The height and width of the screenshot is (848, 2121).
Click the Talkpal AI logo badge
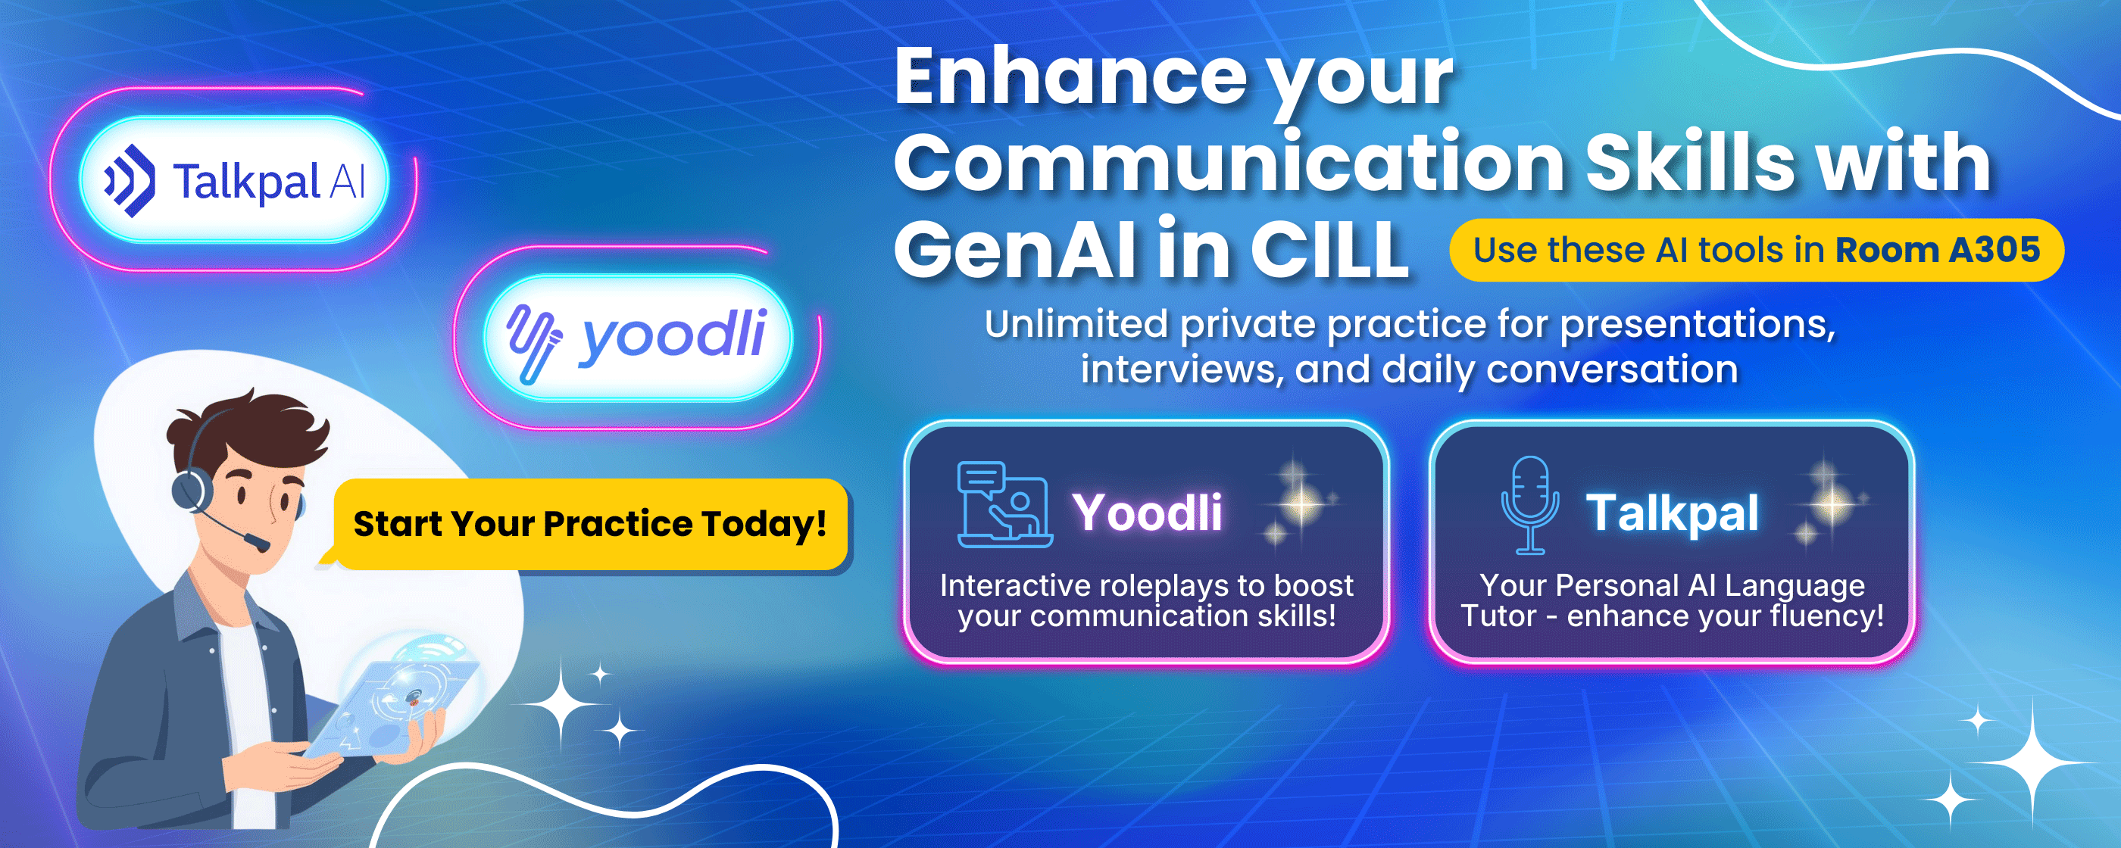click(x=234, y=180)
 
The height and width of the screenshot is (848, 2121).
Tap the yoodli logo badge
click(x=638, y=338)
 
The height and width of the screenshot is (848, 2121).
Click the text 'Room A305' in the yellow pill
click(x=1938, y=249)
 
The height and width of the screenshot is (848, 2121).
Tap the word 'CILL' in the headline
click(x=1329, y=248)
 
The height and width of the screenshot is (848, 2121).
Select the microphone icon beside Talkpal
click(x=1530, y=503)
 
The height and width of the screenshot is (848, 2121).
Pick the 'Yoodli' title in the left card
click(x=1147, y=512)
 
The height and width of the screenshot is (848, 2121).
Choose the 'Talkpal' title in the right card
click(x=1673, y=514)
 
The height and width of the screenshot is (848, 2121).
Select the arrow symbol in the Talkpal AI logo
click(x=130, y=180)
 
